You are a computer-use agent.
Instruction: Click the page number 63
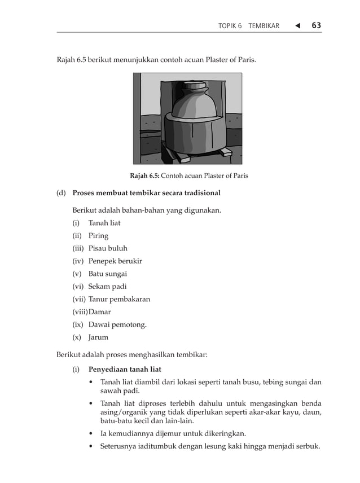(x=316, y=25)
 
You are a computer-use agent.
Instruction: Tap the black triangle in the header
(x=296, y=25)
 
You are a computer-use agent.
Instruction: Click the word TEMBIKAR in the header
(x=264, y=26)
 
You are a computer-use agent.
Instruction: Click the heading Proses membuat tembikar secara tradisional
(x=146, y=193)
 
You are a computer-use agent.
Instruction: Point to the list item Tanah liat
(x=104, y=223)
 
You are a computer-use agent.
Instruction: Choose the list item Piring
(x=98, y=236)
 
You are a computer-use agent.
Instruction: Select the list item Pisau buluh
(x=108, y=248)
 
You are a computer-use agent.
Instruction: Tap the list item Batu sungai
(x=107, y=274)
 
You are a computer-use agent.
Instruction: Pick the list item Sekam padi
(x=107, y=287)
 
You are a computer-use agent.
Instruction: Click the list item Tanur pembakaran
(x=119, y=300)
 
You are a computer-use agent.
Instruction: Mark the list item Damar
(x=100, y=312)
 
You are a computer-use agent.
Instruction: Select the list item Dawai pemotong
(x=117, y=325)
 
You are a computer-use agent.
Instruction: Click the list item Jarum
(x=98, y=338)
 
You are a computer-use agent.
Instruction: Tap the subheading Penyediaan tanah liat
(x=125, y=370)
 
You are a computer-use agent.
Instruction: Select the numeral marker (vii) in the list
(x=78, y=300)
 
